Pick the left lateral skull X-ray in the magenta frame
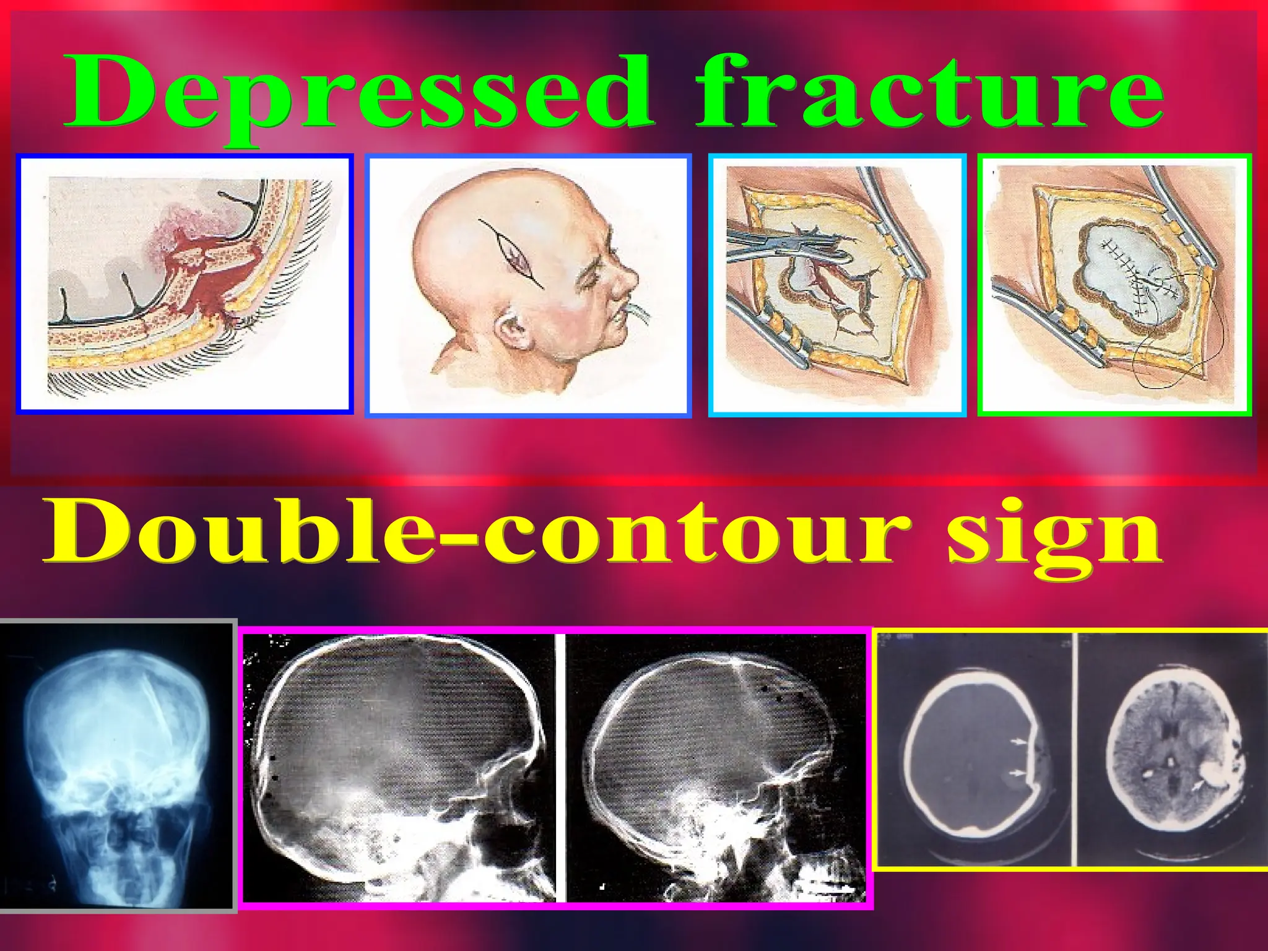point(402,768)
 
